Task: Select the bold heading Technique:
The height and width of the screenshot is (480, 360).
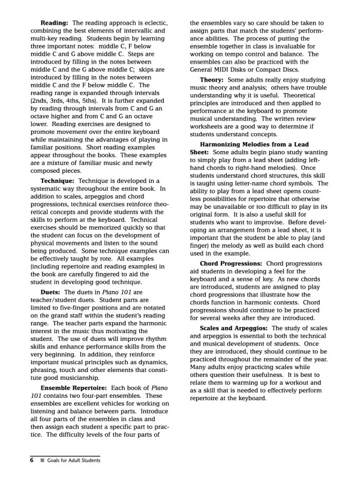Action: click(61, 181)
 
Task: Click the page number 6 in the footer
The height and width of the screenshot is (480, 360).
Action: click(31, 460)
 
